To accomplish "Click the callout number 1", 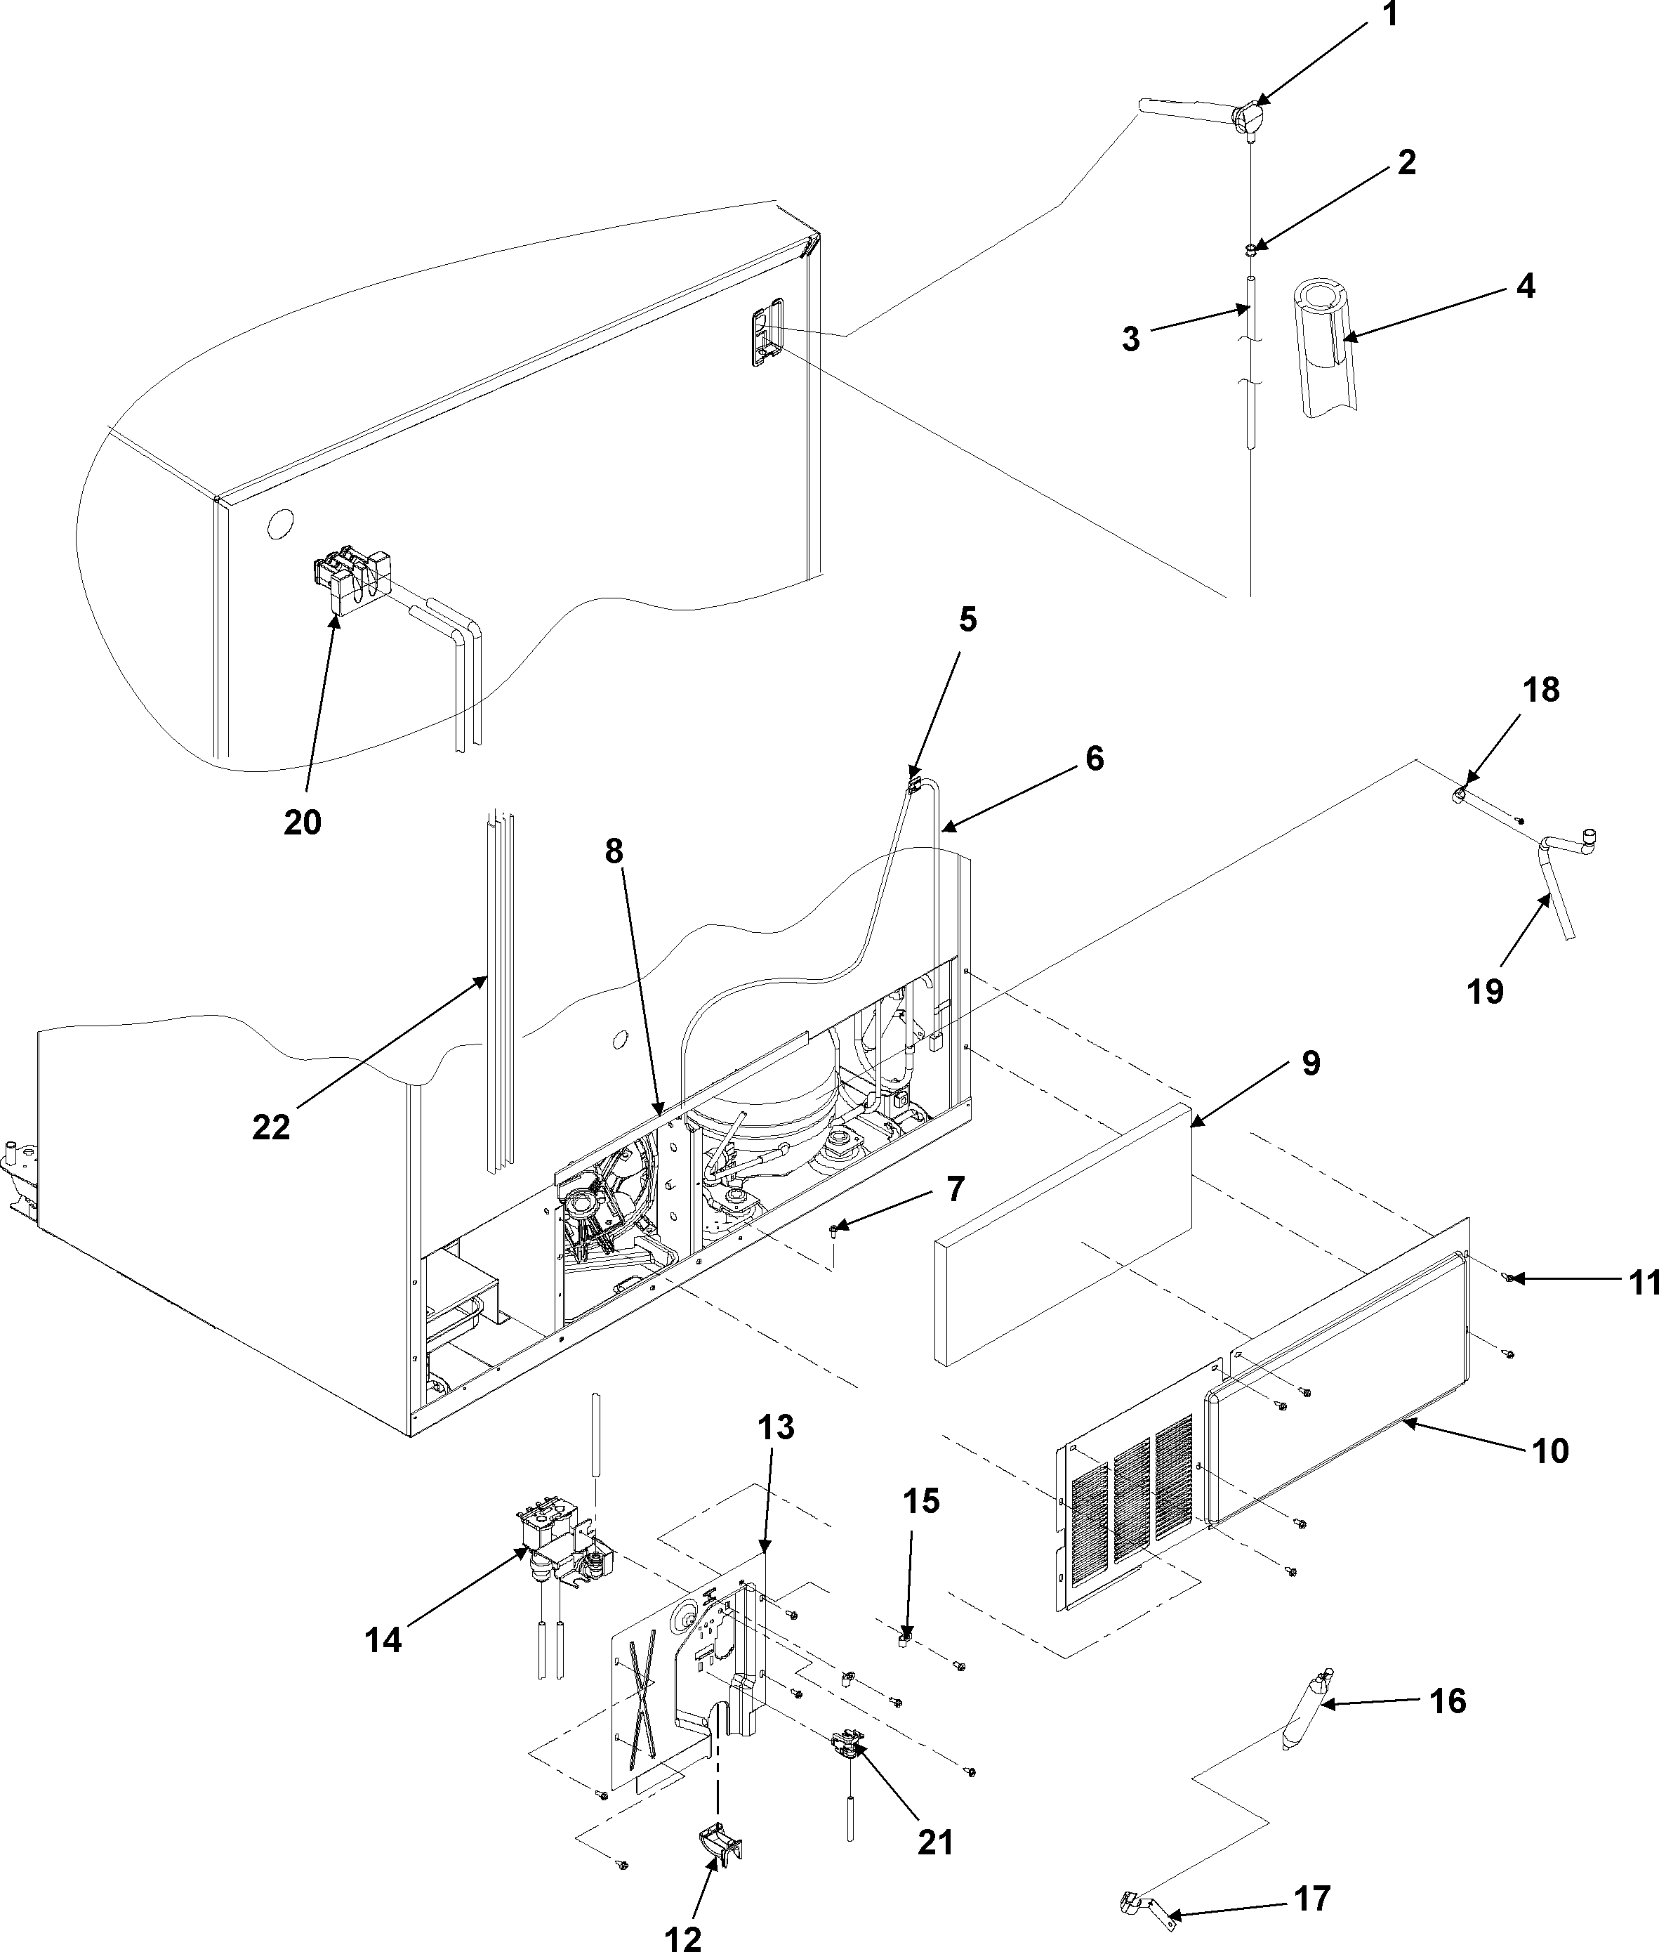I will click(1389, 16).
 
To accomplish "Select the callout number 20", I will click(303, 823).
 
